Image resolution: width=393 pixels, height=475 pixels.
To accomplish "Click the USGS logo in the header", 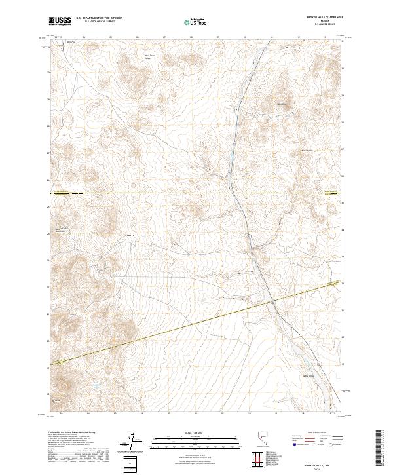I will [60, 22].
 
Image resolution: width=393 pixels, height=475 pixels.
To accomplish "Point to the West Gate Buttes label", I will [150, 57].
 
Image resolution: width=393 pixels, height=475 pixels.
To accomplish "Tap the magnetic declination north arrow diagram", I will [132, 442].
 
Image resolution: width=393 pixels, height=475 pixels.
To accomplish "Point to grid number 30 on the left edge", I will [48, 72].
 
